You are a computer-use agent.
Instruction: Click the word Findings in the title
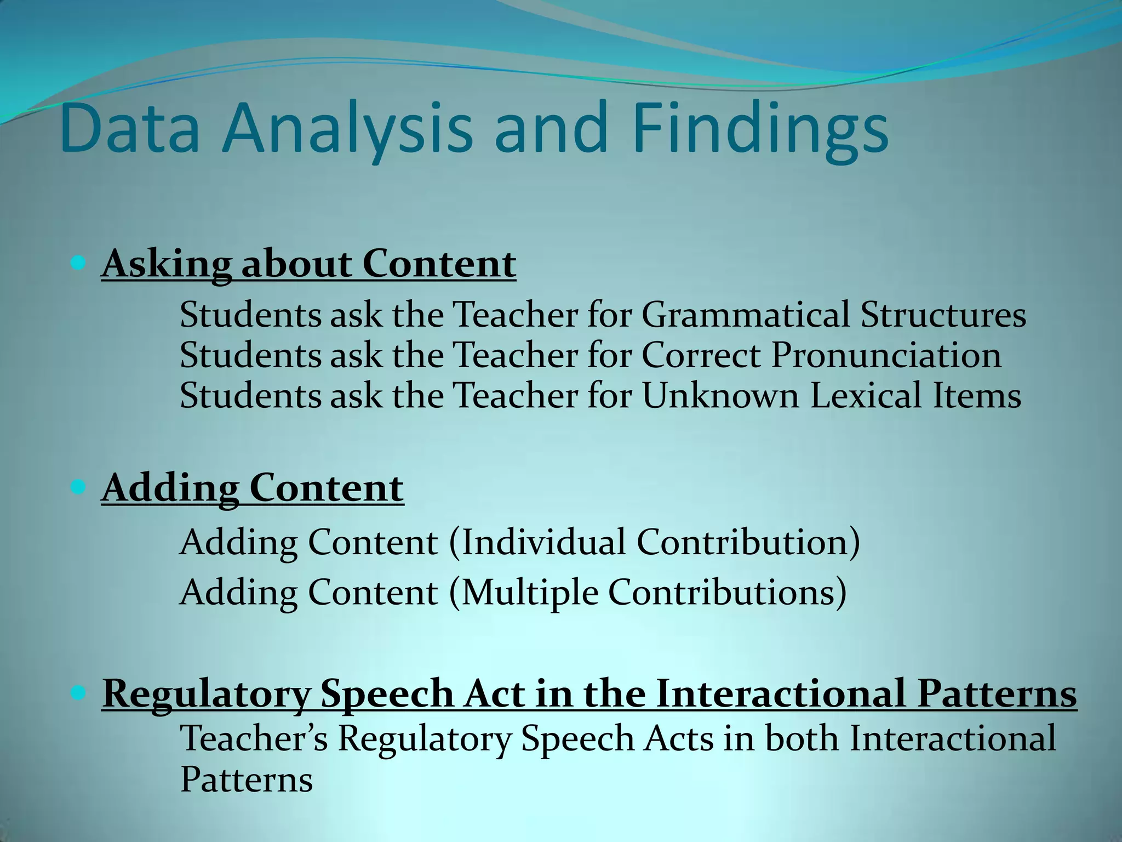(x=760, y=129)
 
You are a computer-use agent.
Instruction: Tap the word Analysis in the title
(x=346, y=129)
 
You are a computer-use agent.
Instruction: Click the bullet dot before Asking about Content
(x=78, y=263)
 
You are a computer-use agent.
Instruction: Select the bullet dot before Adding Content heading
(x=78, y=487)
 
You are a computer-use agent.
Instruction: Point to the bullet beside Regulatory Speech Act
(x=78, y=693)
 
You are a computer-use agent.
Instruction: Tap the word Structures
(x=943, y=315)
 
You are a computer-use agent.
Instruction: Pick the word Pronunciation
(x=886, y=355)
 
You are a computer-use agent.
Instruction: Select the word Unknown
(x=720, y=395)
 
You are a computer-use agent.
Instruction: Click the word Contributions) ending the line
(x=727, y=593)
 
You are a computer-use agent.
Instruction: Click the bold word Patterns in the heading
(x=997, y=693)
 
